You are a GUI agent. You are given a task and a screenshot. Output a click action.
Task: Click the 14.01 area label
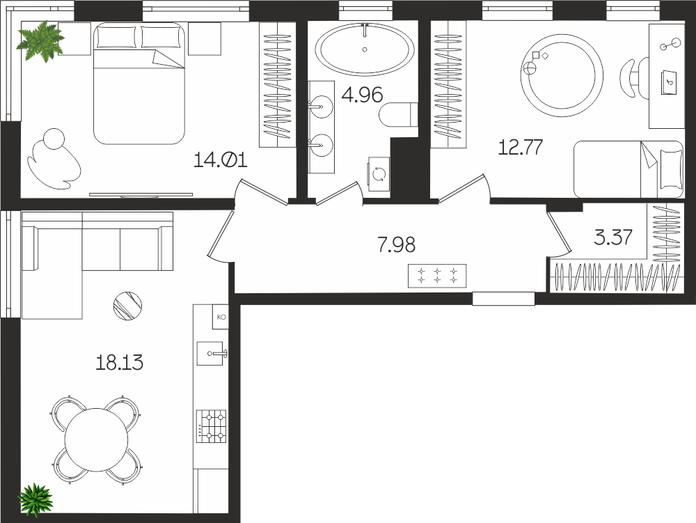click(x=221, y=160)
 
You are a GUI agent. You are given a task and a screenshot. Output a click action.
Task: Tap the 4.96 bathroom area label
click(x=362, y=95)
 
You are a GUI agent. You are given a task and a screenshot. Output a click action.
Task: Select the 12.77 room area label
click(x=521, y=147)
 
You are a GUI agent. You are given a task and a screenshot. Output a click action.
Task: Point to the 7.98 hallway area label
click(x=397, y=244)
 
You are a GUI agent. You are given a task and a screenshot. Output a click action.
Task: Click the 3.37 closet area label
click(x=613, y=237)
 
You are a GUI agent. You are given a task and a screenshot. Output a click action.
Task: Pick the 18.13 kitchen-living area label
click(x=120, y=363)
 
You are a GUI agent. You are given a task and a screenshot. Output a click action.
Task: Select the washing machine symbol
click(x=379, y=174)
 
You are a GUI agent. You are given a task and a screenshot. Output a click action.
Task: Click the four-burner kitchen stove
click(x=212, y=426)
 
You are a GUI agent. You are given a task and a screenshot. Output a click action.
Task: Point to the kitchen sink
click(x=210, y=353)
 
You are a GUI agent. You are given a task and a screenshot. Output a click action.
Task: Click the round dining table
click(x=96, y=439)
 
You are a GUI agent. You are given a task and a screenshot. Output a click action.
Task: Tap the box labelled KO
click(x=221, y=317)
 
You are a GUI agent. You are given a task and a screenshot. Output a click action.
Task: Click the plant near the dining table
click(x=35, y=500)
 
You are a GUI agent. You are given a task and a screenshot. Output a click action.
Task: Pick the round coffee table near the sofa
click(x=127, y=306)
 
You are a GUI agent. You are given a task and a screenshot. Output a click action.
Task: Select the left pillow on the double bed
click(x=116, y=37)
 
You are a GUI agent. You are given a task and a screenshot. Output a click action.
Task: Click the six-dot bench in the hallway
click(x=437, y=276)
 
